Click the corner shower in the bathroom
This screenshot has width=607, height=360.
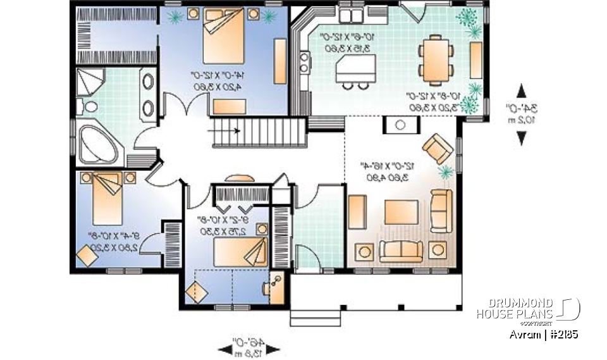click(x=91, y=83)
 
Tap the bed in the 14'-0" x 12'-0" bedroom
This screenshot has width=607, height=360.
click(x=222, y=36)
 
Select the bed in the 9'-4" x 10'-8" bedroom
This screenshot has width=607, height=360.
click(x=104, y=196)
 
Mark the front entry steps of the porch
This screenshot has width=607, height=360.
click(x=308, y=317)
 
